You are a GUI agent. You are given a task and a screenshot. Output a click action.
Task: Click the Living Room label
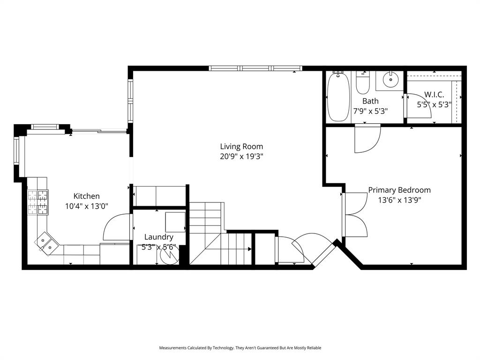(x=241, y=146)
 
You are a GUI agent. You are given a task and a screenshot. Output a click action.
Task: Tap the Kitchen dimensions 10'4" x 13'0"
(x=87, y=206)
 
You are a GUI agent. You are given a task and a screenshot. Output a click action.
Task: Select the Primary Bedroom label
(x=399, y=190)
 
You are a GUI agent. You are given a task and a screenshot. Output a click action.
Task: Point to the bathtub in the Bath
(x=338, y=97)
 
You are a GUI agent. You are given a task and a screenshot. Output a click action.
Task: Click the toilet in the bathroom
(x=363, y=82)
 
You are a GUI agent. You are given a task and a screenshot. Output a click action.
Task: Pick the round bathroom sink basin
(x=390, y=80)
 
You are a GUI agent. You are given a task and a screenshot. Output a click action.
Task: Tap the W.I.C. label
(x=434, y=94)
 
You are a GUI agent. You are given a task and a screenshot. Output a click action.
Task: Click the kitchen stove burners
(x=38, y=202)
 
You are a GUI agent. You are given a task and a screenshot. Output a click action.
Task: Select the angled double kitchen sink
(x=46, y=243)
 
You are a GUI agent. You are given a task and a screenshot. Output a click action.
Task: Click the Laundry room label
(x=158, y=237)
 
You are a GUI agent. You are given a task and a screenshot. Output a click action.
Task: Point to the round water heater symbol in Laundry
(x=170, y=255)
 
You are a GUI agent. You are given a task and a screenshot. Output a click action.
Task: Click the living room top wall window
(x=255, y=68)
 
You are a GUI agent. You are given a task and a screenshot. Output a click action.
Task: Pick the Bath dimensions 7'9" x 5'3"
(x=370, y=111)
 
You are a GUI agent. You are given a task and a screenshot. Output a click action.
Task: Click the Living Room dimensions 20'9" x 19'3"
(x=241, y=157)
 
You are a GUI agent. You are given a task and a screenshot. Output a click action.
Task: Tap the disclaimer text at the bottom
(x=240, y=348)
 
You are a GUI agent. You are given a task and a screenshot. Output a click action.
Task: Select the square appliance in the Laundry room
(x=175, y=222)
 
